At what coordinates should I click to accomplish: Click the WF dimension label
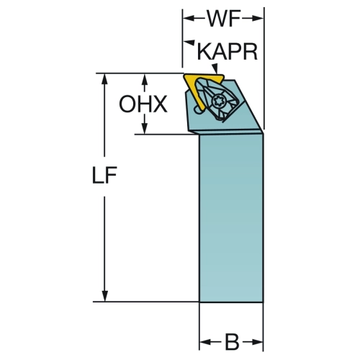pos(224,19)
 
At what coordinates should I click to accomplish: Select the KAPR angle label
pos(227,52)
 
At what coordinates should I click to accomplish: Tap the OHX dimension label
pos(143,104)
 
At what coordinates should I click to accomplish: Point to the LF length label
pos(104,175)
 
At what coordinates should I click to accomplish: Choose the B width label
pos(232,341)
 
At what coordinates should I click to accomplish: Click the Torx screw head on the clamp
pos(217,102)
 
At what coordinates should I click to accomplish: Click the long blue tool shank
pos(231,217)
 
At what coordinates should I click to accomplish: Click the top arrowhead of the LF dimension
pos(104,79)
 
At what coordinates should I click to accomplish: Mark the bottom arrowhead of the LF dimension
pos(104,296)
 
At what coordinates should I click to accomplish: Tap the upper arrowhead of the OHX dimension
pos(144,79)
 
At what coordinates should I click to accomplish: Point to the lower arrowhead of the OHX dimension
pos(144,128)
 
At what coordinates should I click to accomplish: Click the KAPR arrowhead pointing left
pos(189,42)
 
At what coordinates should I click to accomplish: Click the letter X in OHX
pos(160,104)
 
